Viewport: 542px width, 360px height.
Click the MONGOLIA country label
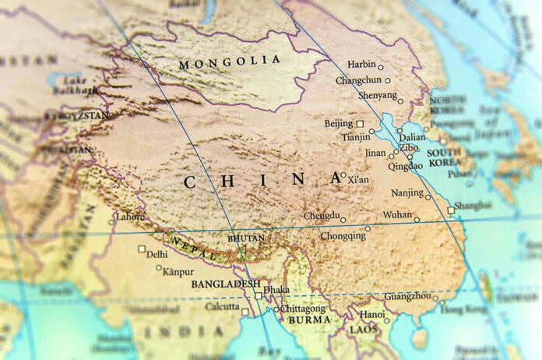229,61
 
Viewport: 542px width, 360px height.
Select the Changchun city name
359,80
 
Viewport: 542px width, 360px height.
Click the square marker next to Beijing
360,123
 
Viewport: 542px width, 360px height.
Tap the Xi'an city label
358,179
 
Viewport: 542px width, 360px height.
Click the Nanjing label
407,192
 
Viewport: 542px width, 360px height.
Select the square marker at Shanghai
451,210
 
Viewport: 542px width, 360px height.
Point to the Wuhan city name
397,214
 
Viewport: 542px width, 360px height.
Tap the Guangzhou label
406,297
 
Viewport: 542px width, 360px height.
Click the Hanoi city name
371,314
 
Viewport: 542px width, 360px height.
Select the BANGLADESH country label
226,283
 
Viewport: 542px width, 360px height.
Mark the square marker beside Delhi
142,249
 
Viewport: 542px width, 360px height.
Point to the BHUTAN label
246,238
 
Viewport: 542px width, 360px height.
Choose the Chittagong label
304,309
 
